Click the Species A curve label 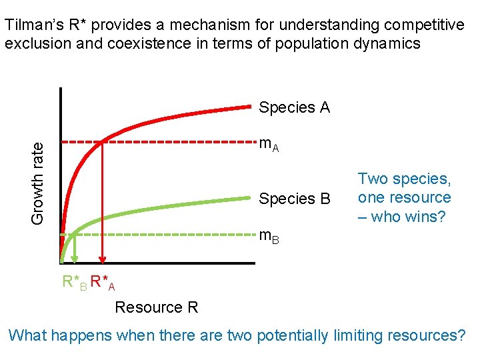click(x=294, y=107)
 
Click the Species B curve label click(x=294, y=199)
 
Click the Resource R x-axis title click(x=157, y=307)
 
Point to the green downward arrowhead click(x=75, y=262)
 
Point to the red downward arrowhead click(x=102, y=262)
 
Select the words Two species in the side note click(x=404, y=179)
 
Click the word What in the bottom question click(x=29, y=335)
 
